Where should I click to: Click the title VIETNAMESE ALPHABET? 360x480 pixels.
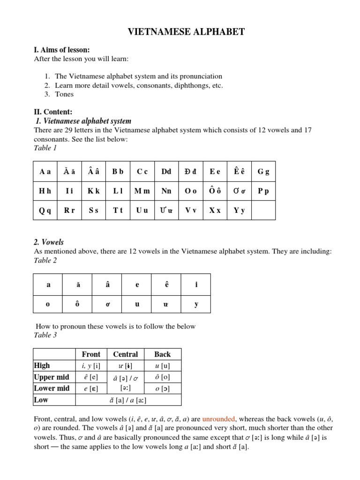(186, 32)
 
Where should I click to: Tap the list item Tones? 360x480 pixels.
(64, 94)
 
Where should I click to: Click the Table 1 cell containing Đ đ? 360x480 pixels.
(191, 172)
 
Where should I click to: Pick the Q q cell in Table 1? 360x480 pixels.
(45, 210)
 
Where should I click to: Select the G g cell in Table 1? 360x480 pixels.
(263, 172)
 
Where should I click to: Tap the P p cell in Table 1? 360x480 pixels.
(263, 191)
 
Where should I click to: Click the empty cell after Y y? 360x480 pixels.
(263, 210)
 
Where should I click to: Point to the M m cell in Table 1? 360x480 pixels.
(142, 191)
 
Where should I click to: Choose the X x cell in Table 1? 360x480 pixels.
(215, 210)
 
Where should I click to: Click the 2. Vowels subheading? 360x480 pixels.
(49, 242)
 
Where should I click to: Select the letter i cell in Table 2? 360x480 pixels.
(196, 285)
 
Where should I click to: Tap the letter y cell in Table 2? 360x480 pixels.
(196, 304)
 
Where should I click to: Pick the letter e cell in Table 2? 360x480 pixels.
(137, 285)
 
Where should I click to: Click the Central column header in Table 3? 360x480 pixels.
(125, 354)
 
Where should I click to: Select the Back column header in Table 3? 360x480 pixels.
(162, 354)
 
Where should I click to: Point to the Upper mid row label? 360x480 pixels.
(52, 377)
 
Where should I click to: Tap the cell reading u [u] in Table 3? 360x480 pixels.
(162, 366)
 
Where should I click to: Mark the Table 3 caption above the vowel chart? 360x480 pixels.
(45, 335)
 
